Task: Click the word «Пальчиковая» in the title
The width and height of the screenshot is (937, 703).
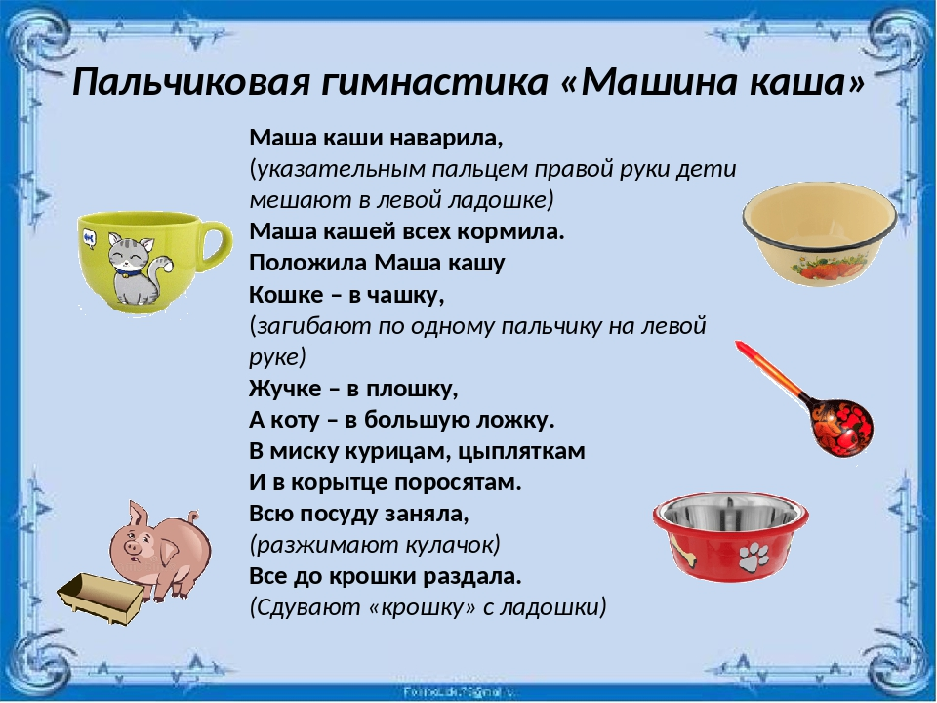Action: (191, 82)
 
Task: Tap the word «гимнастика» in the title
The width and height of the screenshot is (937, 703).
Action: (433, 82)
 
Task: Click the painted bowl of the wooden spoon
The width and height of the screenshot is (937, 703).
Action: (842, 425)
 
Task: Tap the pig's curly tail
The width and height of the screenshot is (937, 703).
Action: (192, 517)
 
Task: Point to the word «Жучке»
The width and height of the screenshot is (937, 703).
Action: (285, 390)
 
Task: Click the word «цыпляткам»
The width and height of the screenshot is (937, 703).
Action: (521, 452)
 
